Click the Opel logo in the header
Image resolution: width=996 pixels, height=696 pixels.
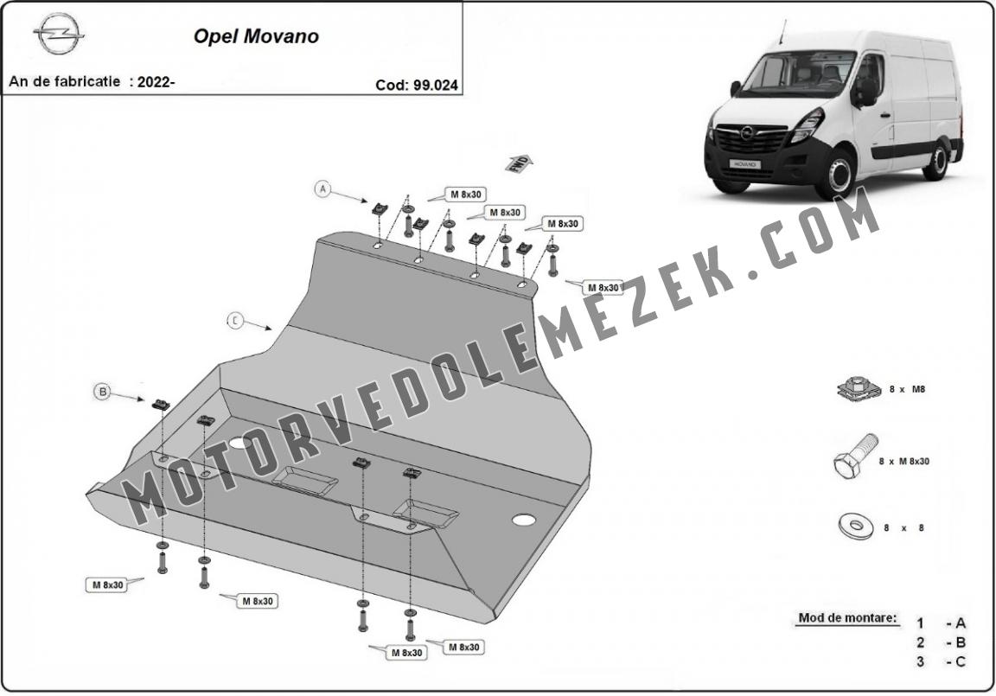click(59, 34)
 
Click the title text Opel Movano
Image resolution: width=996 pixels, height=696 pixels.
click(256, 36)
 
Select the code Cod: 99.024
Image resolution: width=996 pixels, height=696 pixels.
click(417, 85)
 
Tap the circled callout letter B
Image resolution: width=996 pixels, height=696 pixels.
click(103, 392)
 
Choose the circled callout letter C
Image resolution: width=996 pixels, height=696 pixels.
click(235, 322)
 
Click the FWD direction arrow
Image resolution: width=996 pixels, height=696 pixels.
click(519, 163)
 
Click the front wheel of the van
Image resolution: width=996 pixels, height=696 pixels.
click(840, 174)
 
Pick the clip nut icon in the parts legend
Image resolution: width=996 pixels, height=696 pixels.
click(859, 387)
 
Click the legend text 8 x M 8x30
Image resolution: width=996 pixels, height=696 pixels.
click(903, 462)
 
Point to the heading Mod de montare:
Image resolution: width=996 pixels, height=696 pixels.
click(848, 618)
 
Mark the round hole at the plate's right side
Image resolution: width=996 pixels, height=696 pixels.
click(524, 520)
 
